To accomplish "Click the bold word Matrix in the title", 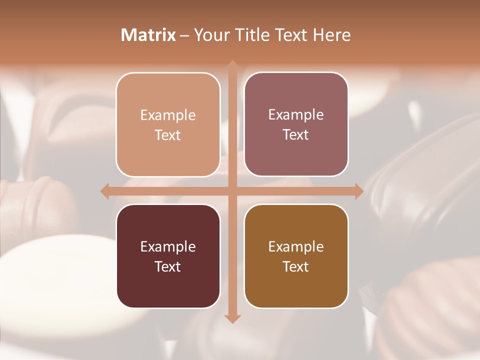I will click(x=148, y=35).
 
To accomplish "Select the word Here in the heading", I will click(x=331, y=35).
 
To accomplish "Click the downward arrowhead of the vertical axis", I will click(x=232, y=318).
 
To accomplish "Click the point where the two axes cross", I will click(x=232, y=191).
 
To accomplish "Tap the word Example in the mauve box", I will click(x=296, y=115).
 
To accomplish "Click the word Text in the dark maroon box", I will click(x=168, y=266).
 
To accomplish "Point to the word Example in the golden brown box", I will click(x=296, y=246).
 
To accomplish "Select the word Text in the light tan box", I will click(x=168, y=135).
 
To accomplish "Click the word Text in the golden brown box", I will click(x=296, y=266).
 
